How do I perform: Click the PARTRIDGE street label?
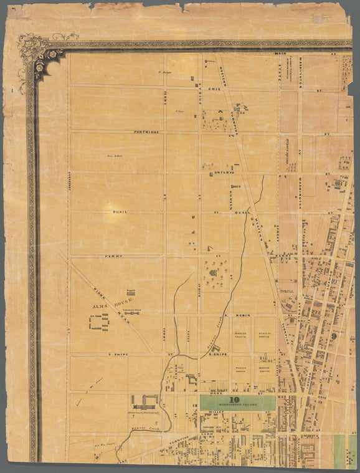(x=143, y=131)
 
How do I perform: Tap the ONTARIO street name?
(x=223, y=171)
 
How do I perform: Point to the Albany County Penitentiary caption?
(x=144, y=413)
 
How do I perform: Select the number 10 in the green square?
(x=234, y=401)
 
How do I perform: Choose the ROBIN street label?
(x=242, y=315)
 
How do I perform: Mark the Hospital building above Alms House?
(x=131, y=292)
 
